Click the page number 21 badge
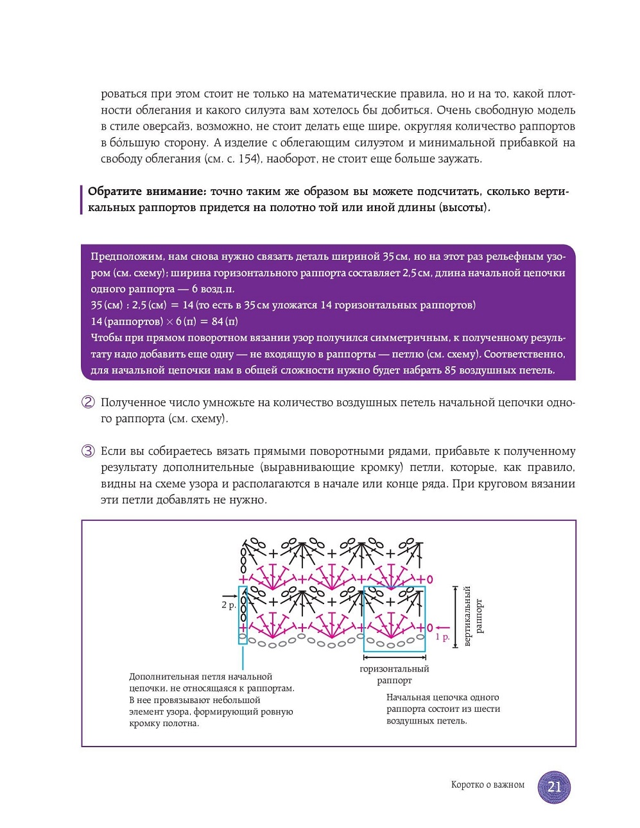coord(554,786)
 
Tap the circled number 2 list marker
coord(88,402)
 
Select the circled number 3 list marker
coord(88,451)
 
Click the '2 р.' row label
coord(228,605)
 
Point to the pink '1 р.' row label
coord(442,637)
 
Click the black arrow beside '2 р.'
coord(230,596)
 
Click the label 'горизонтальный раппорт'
coord(394,674)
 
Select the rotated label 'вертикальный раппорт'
coord(473,616)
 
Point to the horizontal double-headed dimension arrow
coord(394,657)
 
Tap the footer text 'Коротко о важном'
coord(487,784)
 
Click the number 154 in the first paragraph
coord(248,158)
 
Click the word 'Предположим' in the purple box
coord(126,257)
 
